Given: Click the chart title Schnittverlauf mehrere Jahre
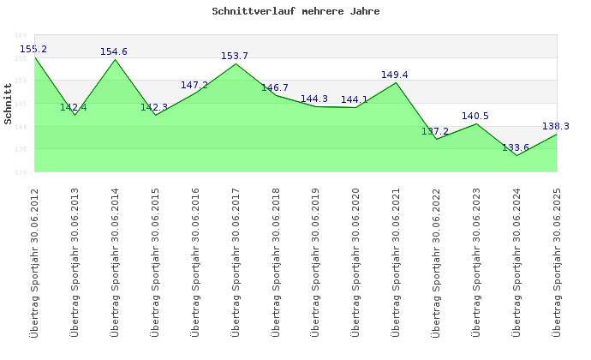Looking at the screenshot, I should (x=295, y=12).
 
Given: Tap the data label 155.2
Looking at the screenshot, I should (x=33, y=50).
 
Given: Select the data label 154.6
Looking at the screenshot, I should (x=114, y=52).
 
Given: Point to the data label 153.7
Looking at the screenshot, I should (x=235, y=57).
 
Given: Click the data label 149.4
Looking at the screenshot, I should (x=395, y=75).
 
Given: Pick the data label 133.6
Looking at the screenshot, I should (x=516, y=147).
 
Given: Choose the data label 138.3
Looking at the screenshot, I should (x=556, y=126).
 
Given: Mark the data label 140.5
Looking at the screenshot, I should (x=475, y=117).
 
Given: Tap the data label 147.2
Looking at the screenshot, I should (x=194, y=86).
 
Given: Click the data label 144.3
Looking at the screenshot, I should (x=314, y=99).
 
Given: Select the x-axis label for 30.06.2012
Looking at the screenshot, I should (x=34, y=261).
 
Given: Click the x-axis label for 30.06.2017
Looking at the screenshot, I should (x=236, y=261).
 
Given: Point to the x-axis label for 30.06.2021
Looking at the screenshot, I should (x=396, y=261).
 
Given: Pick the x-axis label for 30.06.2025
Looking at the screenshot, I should (x=557, y=261).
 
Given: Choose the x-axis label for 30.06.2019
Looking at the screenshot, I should (x=315, y=261).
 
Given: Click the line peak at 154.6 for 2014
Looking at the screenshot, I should (x=115, y=59).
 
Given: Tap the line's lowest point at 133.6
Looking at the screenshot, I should (x=516, y=155).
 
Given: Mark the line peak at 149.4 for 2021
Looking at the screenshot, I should (x=396, y=82).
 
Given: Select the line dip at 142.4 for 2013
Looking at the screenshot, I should (x=75, y=115).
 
